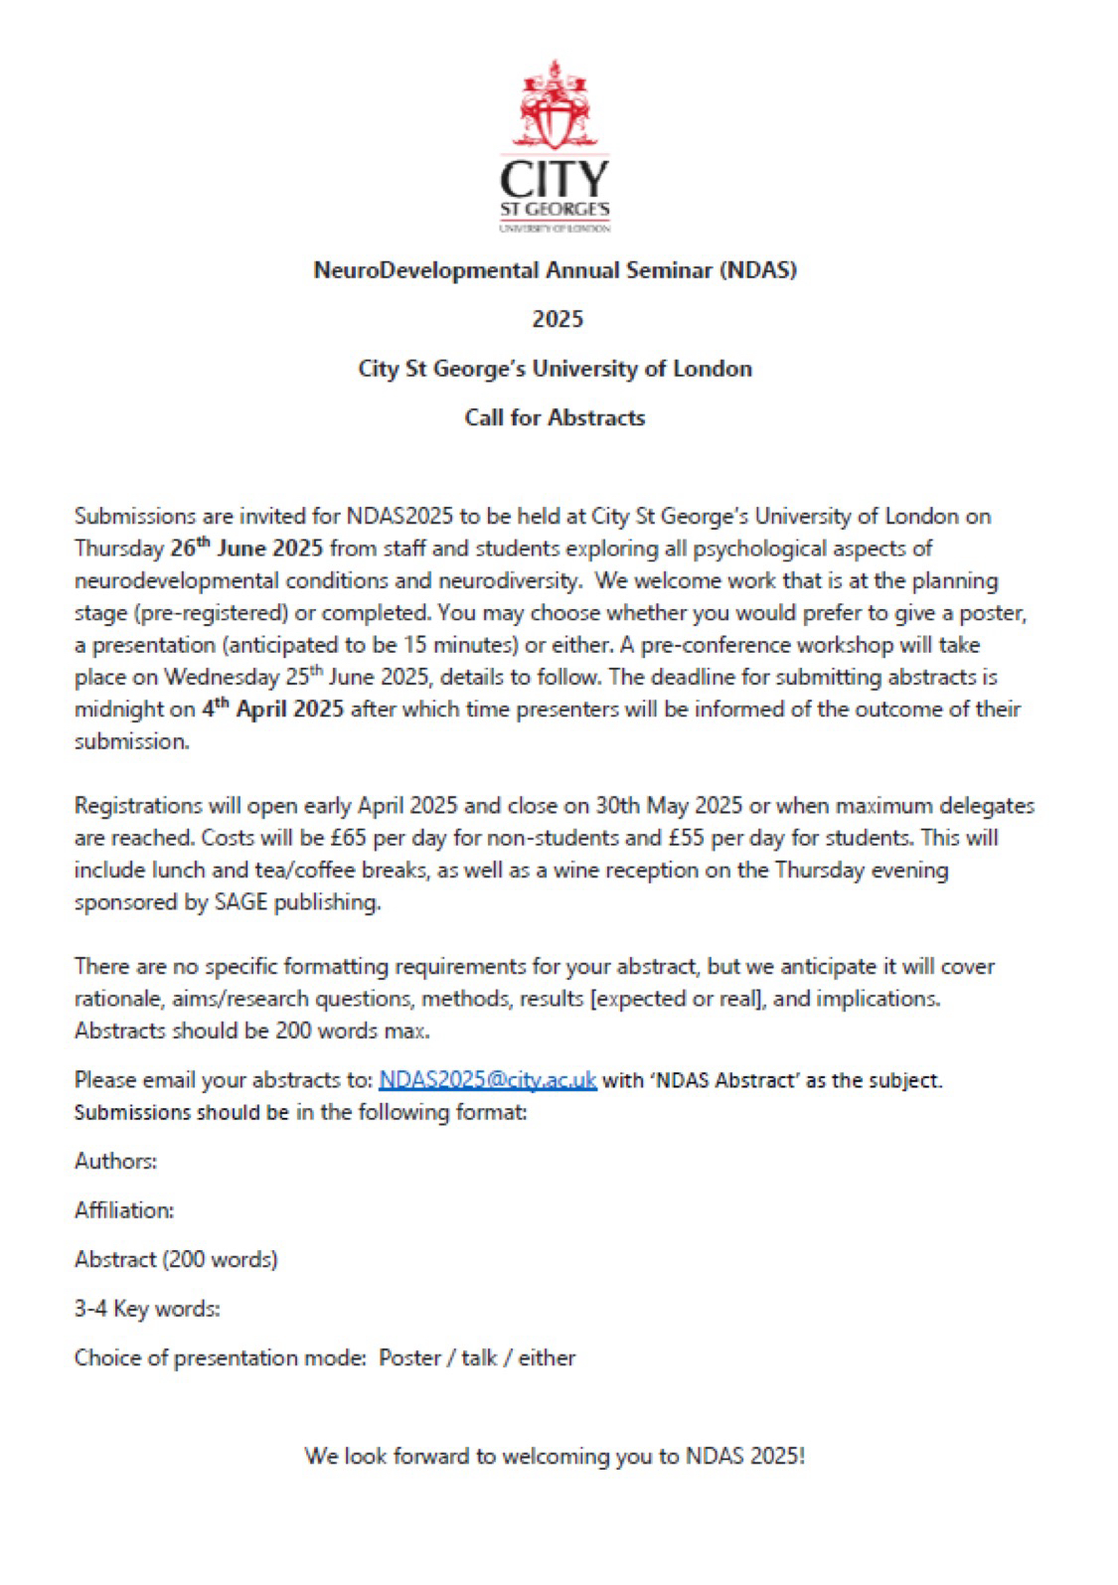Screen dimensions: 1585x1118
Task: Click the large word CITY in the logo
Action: pos(555,179)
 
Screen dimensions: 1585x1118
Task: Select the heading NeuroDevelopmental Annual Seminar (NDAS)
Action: pos(555,269)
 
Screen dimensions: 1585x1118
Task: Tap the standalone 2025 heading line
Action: pos(557,319)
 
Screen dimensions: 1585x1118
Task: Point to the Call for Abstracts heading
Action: pos(555,417)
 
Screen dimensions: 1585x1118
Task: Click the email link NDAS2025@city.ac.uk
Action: pos(487,1079)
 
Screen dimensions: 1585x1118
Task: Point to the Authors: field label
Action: pos(115,1161)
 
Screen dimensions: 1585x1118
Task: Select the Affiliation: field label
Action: pos(124,1209)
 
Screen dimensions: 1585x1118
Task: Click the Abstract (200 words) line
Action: pos(176,1259)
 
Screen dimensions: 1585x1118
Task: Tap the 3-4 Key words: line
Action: pos(147,1309)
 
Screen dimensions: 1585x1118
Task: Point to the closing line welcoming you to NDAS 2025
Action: pos(555,1456)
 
